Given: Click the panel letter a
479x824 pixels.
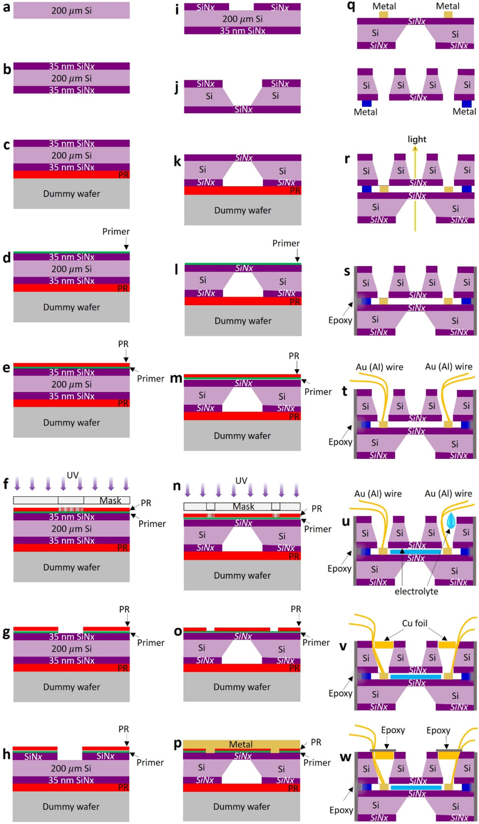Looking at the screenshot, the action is (x=6, y=8).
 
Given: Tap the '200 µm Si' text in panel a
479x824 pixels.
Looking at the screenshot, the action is (x=71, y=11).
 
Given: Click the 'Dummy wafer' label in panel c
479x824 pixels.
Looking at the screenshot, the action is (x=71, y=194).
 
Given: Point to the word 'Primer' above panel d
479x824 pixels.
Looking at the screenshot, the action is (x=116, y=232).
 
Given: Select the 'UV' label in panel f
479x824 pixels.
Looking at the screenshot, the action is (x=73, y=475).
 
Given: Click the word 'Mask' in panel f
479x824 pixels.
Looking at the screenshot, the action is (x=110, y=500).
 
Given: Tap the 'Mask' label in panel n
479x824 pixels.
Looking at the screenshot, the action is (x=243, y=506).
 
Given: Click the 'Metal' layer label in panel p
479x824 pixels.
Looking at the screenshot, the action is (x=241, y=744).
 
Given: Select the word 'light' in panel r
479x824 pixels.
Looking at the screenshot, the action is (x=417, y=139).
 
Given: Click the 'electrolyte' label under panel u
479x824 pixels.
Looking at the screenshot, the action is (x=416, y=591).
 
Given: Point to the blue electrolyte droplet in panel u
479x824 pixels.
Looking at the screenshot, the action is (x=451, y=520).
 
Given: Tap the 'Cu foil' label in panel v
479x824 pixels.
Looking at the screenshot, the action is (x=415, y=623).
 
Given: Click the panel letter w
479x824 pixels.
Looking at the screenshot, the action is (x=346, y=757).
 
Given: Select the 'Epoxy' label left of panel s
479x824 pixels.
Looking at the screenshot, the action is (x=340, y=320).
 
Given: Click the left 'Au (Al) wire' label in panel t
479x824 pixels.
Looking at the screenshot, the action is (x=380, y=367).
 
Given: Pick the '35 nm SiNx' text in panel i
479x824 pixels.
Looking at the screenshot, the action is (x=243, y=31).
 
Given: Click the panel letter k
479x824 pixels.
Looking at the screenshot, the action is (x=177, y=161).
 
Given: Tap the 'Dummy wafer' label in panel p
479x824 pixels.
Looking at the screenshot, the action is (x=242, y=806).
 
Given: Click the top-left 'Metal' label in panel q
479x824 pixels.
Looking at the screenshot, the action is (x=384, y=6).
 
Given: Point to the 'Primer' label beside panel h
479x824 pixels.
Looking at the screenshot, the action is (x=150, y=762).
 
